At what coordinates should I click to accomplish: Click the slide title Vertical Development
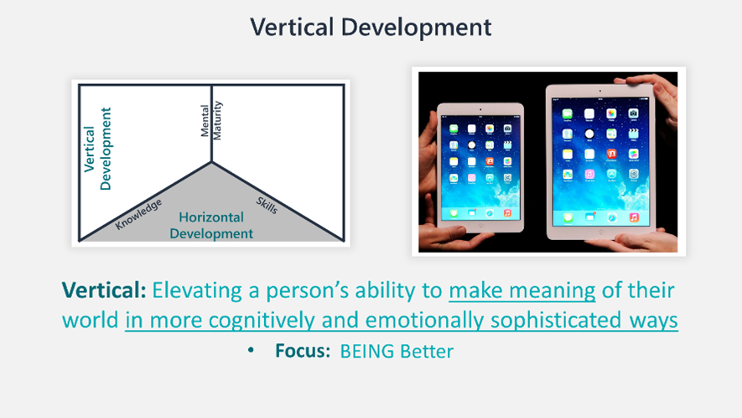point(371,28)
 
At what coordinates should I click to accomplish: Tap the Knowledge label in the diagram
point(138,214)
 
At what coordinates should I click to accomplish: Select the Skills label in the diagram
point(267,205)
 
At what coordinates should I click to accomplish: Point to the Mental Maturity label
point(210,120)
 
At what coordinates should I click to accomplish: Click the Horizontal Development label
point(211,225)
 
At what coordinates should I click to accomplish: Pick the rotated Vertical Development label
point(97,149)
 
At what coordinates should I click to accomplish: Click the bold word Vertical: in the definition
point(104,290)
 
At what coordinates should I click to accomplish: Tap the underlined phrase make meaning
point(522,291)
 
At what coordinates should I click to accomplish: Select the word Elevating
point(197,291)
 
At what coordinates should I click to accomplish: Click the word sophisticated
point(556,321)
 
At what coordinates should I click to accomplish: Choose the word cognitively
point(262,321)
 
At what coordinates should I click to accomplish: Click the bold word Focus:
point(303,351)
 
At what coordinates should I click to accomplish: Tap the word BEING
point(367,352)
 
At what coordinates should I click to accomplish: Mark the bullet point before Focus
point(251,350)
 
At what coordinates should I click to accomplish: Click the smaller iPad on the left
point(480,168)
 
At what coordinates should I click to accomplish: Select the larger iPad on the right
point(600,162)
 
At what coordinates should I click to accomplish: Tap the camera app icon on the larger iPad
point(633,113)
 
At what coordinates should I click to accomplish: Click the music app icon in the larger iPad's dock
point(634,217)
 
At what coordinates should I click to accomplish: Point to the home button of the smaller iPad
point(480,227)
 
